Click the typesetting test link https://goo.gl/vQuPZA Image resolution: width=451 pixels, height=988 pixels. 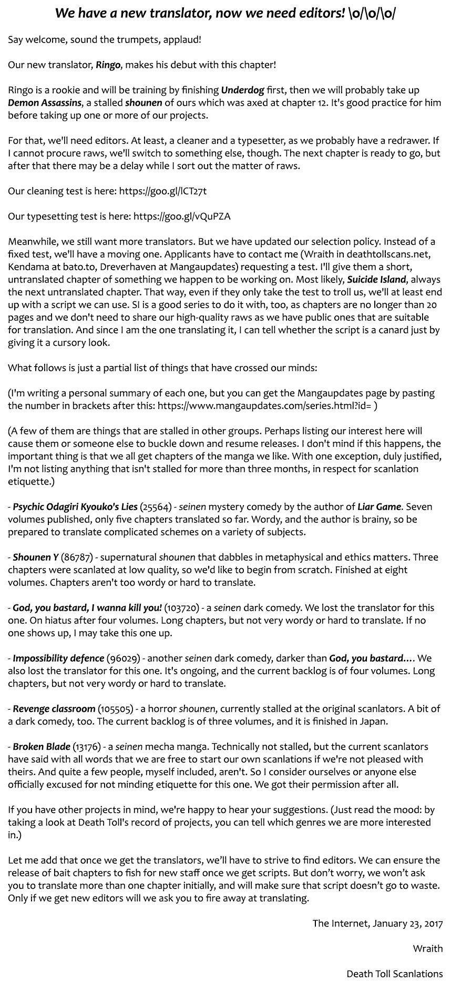[182, 216]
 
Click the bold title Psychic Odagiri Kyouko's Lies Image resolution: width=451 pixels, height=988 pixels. [75, 507]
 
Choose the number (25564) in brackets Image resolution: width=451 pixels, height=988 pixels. [156, 507]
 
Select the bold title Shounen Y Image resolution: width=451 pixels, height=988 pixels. [36, 557]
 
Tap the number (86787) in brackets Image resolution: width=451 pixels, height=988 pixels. [77, 557]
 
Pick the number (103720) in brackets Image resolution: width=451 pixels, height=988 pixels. [182, 608]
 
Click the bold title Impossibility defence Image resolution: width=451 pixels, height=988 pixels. [58, 658]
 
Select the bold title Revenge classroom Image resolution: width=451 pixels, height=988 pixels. [54, 709]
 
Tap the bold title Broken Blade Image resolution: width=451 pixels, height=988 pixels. [42, 747]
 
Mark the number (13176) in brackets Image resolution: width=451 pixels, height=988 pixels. [88, 747]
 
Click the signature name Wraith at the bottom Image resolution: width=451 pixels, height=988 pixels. [427, 949]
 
